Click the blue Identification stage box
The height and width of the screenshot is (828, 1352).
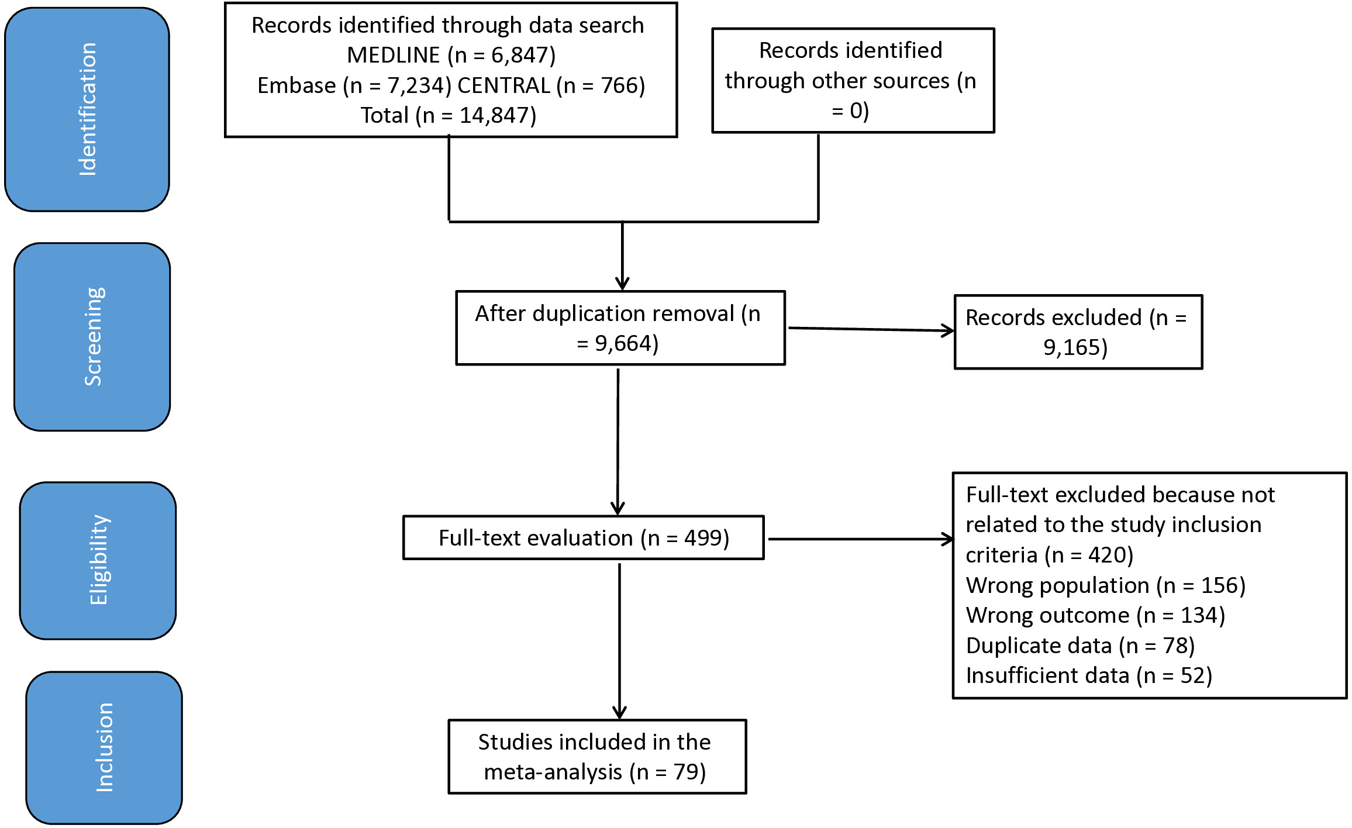click(87, 109)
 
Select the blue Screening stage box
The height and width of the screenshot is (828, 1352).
click(92, 337)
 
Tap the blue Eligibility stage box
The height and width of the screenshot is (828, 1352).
click(98, 560)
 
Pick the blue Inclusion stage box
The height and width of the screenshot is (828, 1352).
click(104, 747)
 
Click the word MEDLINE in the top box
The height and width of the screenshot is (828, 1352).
click(393, 55)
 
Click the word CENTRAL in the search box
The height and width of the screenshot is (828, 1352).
click(503, 85)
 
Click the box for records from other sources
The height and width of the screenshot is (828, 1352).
click(853, 80)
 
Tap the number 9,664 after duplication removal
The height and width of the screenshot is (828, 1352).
click(623, 343)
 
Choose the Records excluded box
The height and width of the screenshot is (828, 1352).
click(1078, 332)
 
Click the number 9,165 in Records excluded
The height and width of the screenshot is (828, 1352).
click(1071, 347)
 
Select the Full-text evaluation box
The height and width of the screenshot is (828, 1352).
click(584, 537)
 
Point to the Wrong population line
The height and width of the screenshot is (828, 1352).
click(1106, 585)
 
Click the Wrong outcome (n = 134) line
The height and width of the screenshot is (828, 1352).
click(1095, 615)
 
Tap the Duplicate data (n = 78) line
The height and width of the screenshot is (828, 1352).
click(1080, 646)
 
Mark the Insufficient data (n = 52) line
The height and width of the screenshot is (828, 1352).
click(1089, 675)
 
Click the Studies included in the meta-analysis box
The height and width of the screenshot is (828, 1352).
click(598, 757)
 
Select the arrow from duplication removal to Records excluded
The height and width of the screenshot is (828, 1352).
click(871, 329)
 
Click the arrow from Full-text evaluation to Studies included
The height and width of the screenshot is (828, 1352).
click(619, 641)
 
